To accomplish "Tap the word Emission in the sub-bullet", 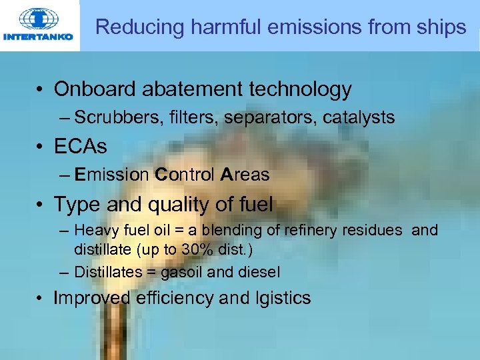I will (x=112, y=175).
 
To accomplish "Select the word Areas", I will (x=245, y=175).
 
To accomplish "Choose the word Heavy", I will (x=95, y=230).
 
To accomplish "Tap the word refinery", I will (x=309, y=230).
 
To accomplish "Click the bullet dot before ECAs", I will (x=42, y=147).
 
